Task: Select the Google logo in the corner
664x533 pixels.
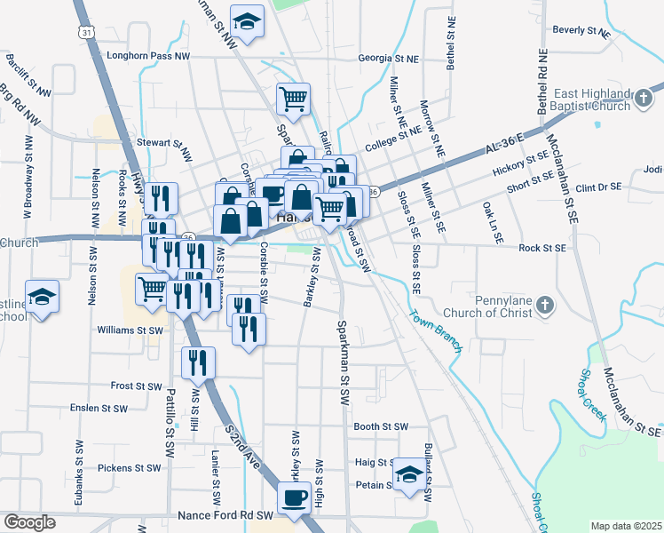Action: tap(28, 522)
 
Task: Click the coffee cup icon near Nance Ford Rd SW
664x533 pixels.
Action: tap(295, 497)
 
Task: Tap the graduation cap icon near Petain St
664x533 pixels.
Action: tap(408, 473)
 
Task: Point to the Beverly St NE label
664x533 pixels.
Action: tap(581, 30)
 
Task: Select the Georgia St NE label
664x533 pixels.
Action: tap(388, 59)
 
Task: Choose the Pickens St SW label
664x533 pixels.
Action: tap(130, 467)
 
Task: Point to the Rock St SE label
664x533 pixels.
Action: tap(542, 249)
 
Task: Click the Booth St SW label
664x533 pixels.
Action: tap(380, 426)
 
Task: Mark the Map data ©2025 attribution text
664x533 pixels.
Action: tap(627, 526)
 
